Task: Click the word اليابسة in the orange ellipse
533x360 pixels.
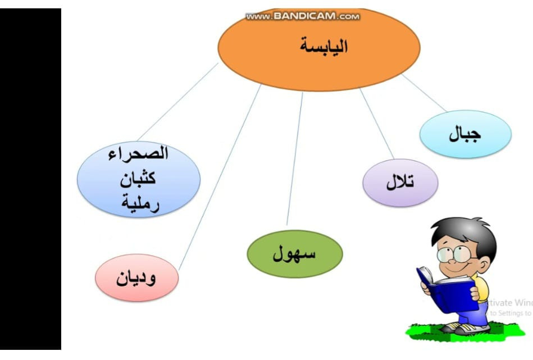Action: (324, 47)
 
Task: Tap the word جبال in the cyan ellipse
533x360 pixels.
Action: (464, 134)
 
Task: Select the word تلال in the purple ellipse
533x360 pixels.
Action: (400, 182)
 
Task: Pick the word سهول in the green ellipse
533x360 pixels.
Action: (294, 254)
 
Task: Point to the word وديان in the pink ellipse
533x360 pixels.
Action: (136, 278)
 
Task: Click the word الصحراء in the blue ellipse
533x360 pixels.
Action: (138, 153)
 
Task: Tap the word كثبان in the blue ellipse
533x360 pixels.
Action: (138, 178)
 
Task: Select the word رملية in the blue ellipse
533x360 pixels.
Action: (140, 203)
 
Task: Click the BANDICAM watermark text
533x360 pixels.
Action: (303, 16)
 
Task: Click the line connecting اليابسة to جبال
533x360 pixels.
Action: (423, 93)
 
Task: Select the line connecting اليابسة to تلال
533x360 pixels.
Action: (377, 124)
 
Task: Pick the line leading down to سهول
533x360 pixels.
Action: (295, 159)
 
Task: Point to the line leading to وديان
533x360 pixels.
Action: (220, 177)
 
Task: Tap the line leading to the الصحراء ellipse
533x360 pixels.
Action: (177, 102)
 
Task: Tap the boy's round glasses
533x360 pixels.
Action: (454, 254)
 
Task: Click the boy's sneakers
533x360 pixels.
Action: (466, 328)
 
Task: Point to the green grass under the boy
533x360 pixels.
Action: (466, 332)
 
